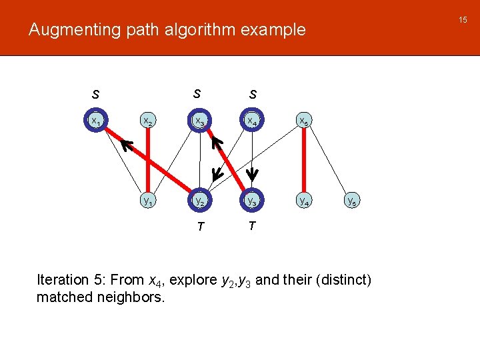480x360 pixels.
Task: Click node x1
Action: [96, 121]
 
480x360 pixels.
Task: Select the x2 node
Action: [147, 121]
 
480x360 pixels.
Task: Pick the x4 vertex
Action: [251, 121]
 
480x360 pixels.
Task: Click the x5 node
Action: [303, 121]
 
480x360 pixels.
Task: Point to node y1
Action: [147, 200]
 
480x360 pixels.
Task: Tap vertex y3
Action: [251, 200]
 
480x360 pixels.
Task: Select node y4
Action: [303, 200]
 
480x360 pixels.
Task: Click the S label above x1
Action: [96, 95]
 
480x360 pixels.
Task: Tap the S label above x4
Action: [253, 95]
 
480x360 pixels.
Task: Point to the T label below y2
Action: [199, 227]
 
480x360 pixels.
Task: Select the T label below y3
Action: [251, 226]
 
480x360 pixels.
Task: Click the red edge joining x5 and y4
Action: [303, 161]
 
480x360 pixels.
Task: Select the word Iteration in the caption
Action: [63, 280]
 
